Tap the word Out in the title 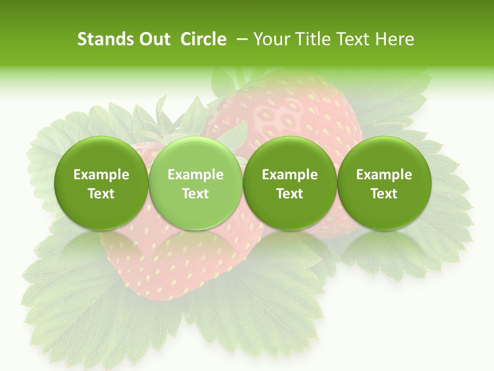154,39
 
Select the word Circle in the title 203,39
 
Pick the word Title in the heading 309,39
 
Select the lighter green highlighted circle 196,183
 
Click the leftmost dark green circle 101,183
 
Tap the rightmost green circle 384,183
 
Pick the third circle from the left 290,183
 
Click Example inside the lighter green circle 196,175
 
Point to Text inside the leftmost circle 101,194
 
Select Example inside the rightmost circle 384,175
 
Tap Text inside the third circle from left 290,194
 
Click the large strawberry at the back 288,113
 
